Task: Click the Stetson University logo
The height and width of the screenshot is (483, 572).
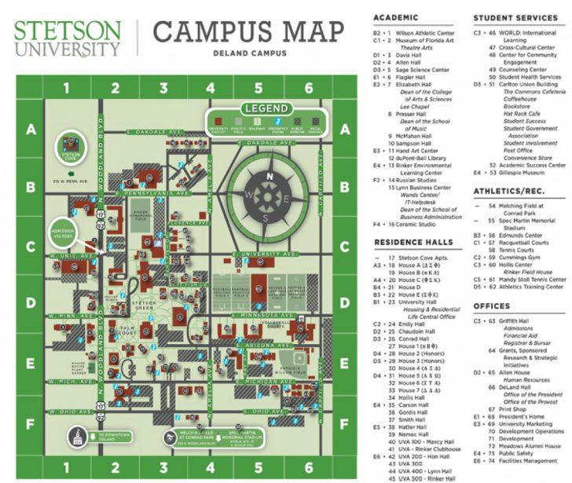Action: tap(68, 38)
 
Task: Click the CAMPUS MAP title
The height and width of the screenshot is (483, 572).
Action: tap(247, 32)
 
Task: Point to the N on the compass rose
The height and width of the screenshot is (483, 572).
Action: tap(269, 176)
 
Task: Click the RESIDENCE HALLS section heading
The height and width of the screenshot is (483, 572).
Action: tap(413, 242)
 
